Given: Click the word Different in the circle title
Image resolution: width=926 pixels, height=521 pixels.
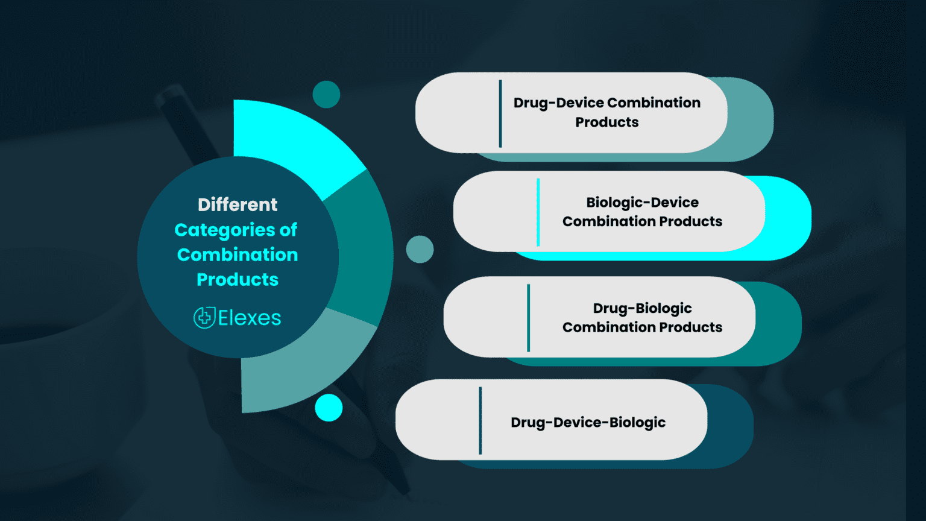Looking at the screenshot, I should click(238, 205).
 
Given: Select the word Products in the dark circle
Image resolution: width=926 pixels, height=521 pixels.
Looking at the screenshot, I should click(238, 280).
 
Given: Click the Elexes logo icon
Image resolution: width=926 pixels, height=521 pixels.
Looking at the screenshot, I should click(204, 318).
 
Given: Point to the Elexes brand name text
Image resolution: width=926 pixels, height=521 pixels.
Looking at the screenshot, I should click(250, 318).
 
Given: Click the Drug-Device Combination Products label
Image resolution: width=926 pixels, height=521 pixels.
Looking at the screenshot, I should click(606, 112).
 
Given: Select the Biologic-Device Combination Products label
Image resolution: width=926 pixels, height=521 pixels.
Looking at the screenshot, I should click(642, 212).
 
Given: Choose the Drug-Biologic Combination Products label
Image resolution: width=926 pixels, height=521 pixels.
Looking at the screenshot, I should click(642, 317).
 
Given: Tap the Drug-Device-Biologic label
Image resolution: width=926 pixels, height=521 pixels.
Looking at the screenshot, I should click(588, 422).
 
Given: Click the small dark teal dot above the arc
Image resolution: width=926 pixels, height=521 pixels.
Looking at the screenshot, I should click(326, 95).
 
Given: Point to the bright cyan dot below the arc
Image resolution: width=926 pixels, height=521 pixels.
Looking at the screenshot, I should click(329, 408).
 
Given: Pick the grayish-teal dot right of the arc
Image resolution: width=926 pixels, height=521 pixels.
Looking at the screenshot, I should click(420, 249).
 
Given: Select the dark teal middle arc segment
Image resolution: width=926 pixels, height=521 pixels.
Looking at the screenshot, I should click(362, 247).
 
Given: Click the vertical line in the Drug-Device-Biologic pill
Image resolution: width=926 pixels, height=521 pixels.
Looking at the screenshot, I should click(480, 420).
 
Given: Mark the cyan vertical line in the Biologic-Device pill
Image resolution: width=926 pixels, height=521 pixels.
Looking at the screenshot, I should click(538, 212).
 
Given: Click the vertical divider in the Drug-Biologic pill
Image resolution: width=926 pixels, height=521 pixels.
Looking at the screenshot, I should click(529, 318).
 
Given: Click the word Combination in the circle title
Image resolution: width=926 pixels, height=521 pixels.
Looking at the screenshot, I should click(238, 255).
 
